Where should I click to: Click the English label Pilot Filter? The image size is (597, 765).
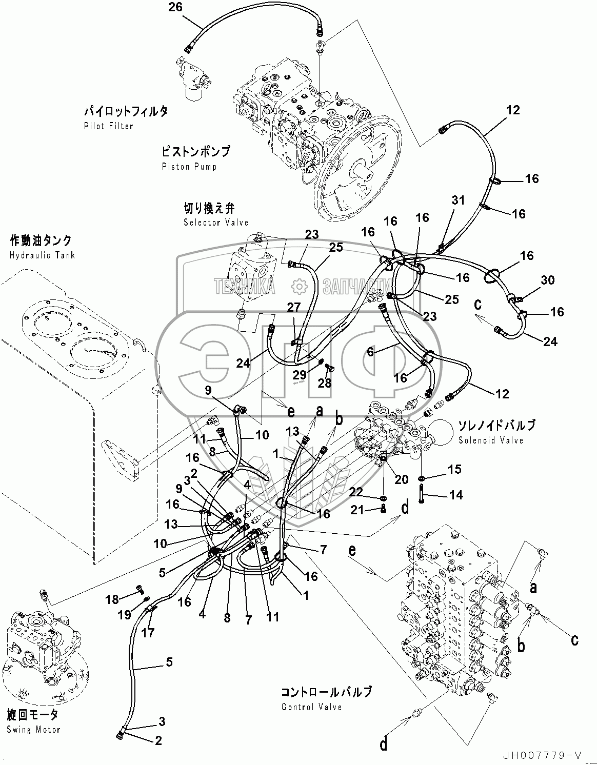point(108,126)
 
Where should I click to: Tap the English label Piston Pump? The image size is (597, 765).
point(189,167)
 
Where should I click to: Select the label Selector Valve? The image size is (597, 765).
point(216,223)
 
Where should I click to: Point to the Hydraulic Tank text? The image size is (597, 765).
point(42,255)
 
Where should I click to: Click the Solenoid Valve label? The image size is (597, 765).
point(491,440)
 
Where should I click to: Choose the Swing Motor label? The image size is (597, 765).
point(33,730)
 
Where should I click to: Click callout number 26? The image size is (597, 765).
point(175,7)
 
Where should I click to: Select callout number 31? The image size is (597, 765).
point(458,200)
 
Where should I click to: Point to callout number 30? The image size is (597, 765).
point(547,280)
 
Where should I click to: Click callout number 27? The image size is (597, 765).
point(293,307)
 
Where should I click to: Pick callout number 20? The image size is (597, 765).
point(401,479)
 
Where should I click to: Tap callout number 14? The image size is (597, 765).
point(456,495)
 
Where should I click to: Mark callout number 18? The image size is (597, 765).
point(112,599)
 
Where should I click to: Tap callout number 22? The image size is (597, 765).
point(355,492)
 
